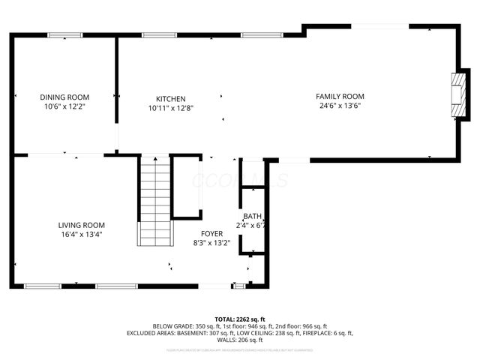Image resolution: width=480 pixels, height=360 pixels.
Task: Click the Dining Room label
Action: click(x=64, y=97)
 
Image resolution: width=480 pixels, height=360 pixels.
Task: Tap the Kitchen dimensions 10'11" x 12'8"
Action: click(x=171, y=108)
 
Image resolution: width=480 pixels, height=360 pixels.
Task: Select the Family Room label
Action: click(x=339, y=96)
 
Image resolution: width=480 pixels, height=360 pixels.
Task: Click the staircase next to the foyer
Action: click(x=155, y=201)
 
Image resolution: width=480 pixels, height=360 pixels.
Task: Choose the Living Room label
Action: click(x=82, y=225)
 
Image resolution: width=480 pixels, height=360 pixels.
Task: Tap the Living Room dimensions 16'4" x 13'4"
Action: click(x=82, y=234)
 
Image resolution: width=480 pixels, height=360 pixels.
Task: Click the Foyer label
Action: click(x=211, y=233)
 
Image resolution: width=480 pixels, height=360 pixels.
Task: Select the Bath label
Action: click(x=252, y=216)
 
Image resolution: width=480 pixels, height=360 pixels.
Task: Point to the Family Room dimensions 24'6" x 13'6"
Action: click(x=339, y=106)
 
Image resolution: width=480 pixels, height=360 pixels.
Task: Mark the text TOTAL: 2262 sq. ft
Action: click(x=240, y=319)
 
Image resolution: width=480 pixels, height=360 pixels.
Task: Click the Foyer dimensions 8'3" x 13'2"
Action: click(x=211, y=242)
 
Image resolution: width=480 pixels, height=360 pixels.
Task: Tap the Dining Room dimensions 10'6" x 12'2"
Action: click(x=64, y=106)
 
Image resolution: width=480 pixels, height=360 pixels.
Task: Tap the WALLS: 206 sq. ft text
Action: click(x=240, y=340)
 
